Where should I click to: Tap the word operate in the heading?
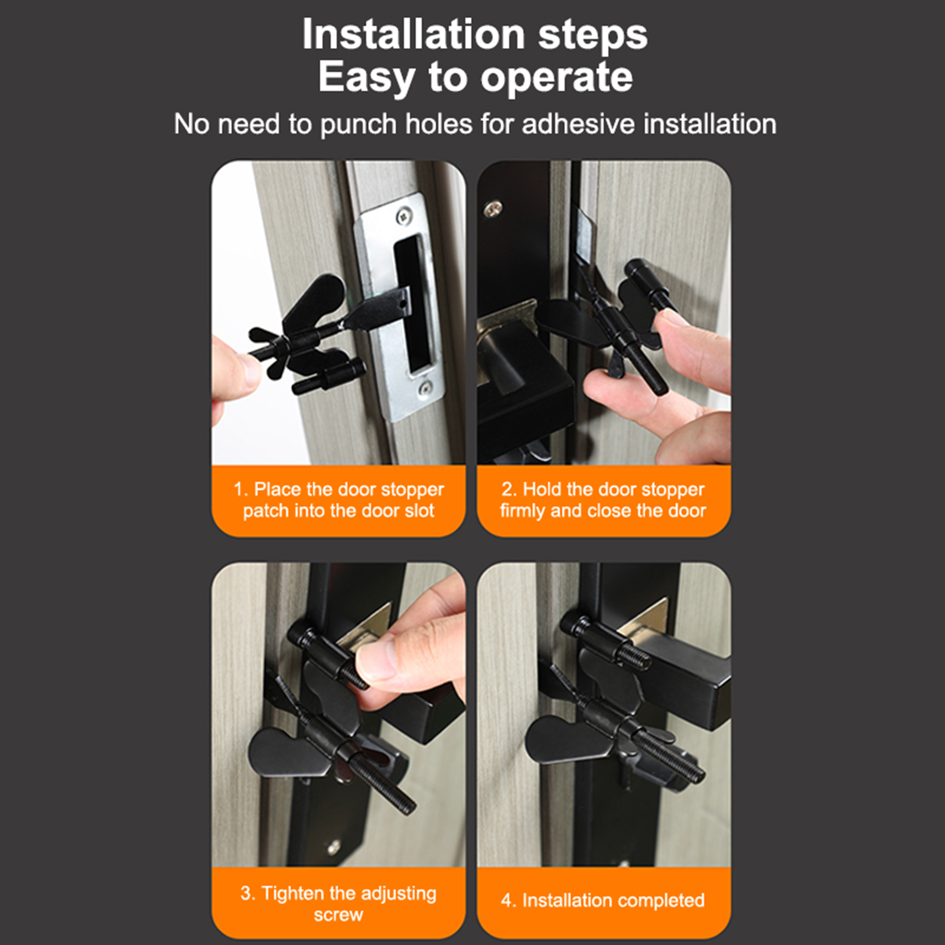[x=557, y=78]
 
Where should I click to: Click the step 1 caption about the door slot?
[x=338, y=500]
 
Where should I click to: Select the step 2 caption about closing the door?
[x=603, y=500]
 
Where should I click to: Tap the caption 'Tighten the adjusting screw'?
[x=338, y=903]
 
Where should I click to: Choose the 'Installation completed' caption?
[x=603, y=900]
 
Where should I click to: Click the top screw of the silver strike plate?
[x=404, y=215]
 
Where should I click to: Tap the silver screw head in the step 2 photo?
[x=494, y=208]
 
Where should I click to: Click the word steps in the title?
[x=593, y=35]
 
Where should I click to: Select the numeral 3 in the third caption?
[x=245, y=893]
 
